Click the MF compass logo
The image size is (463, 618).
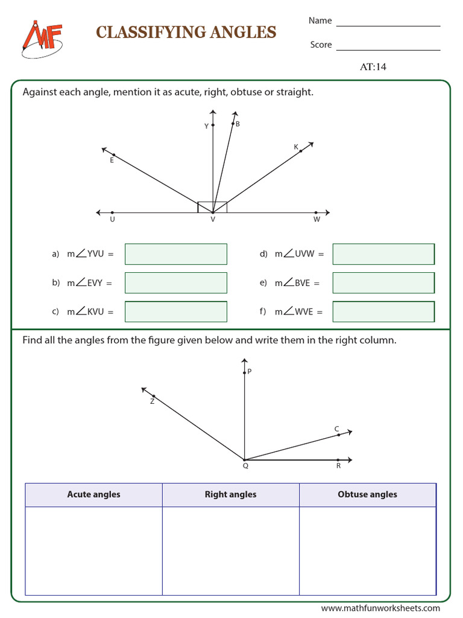(x=42, y=39)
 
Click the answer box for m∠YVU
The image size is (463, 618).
(x=175, y=254)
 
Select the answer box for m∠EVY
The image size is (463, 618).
(x=175, y=282)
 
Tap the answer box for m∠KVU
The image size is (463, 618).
(x=175, y=311)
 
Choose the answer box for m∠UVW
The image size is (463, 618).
(x=383, y=254)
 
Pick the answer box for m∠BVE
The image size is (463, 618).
(x=383, y=282)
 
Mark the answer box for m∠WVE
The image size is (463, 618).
(x=383, y=311)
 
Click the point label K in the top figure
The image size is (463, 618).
(x=296, y=147)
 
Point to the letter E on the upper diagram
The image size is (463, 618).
(x=112, y=161)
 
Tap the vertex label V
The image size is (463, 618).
(x=213, y=220)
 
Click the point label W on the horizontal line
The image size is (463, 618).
(x=317, y=220)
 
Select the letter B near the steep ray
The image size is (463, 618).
(x=238, y=124)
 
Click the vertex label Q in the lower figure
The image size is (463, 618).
(x=245, y=466)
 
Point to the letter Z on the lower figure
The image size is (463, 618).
(x=152, y=401)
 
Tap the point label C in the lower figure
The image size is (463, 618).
(x=337, y=429)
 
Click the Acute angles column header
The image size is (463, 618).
(x=93, y=494)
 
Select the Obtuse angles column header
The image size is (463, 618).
(x=367, y=494)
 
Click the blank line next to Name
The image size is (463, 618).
(x=388, y=25)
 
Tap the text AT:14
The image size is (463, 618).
(x=373, y=67)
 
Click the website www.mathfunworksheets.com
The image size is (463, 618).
(x=380, y=608)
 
